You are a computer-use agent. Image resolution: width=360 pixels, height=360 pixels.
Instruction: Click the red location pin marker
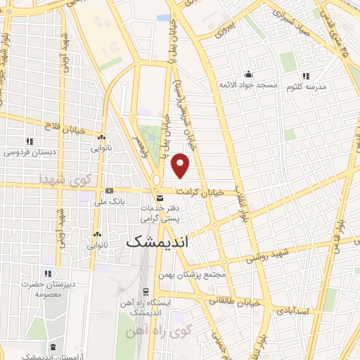[x=181, y=165]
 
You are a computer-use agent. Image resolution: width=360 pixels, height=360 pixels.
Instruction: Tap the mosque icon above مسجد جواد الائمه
[x=247, y=75]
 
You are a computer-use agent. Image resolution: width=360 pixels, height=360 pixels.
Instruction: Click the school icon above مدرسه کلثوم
[x=305, y=75]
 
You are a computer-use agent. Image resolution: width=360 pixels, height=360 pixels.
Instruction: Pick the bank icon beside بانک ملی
[x=109, y=191]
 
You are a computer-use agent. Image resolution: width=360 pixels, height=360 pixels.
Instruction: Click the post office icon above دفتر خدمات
[x=160, y=198]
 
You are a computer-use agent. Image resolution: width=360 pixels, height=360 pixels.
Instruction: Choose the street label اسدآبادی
[x=291, y=309]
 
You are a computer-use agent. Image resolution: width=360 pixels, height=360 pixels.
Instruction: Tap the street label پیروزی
[x=224, y=27]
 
